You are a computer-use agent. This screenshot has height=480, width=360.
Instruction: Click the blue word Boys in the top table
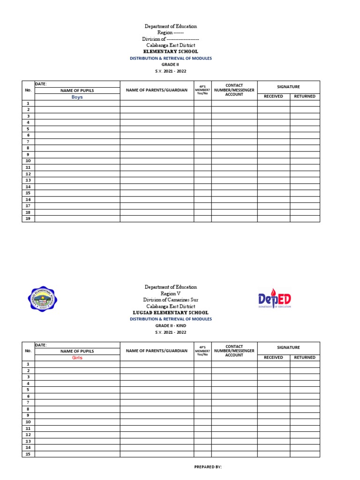coord(77,97)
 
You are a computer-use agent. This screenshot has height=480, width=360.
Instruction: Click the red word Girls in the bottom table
coord(77,358)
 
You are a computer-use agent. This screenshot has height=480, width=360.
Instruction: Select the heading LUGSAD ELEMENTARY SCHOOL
coord(171,313)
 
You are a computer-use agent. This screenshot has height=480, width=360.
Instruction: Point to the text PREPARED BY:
coord(208,467)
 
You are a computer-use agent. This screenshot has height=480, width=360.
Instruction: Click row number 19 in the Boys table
coord(28,218)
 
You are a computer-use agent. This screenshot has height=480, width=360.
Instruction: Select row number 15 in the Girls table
coord(28,454)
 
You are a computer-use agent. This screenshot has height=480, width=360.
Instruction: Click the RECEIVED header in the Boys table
coord(273,97)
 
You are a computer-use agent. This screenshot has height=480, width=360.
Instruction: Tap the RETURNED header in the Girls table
coord(305,358)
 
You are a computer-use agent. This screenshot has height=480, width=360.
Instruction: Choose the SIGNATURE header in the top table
coord(288,87)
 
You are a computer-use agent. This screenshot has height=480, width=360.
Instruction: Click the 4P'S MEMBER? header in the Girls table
coord(202,351)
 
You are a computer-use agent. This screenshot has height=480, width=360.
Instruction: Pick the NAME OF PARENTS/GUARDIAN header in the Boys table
coord(157,90)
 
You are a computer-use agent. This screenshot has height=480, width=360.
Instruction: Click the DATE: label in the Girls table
coord(41,345)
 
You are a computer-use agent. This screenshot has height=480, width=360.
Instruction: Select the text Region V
coord(171,293)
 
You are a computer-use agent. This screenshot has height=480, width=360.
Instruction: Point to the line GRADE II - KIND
coord(171,325)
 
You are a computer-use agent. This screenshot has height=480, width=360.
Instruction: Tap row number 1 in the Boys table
coord(28,103)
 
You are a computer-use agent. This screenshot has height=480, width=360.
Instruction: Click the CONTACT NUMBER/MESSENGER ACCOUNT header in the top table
coord(234,90)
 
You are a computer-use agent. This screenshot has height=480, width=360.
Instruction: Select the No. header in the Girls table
coord(28,351)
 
